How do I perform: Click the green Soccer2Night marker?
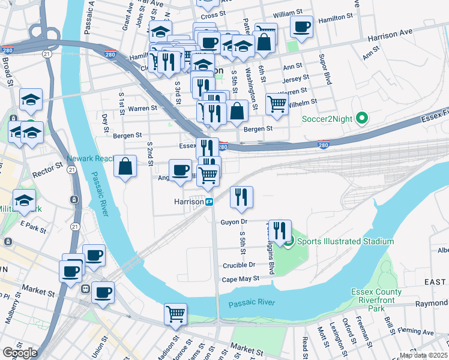click(361, 118)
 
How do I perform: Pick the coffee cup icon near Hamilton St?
click(301, 27)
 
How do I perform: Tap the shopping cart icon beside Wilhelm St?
click(277, 104)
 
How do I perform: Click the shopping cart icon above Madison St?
click(175, 314)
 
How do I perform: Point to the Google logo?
click(19, 353)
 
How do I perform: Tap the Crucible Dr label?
click(239, 265)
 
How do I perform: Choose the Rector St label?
click(50, 165)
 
